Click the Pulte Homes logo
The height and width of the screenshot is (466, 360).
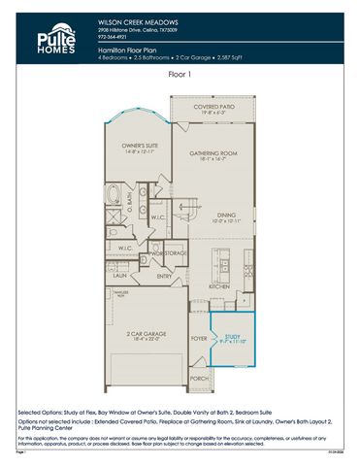point(57,39)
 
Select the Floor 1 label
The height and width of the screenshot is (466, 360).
point(180,74)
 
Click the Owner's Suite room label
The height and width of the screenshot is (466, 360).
point(132,147)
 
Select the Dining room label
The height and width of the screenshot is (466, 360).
point(225,216)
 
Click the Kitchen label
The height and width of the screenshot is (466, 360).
point(218,287)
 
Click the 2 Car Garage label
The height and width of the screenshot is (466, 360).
point(144,334)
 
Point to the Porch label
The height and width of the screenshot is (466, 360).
point(199,378)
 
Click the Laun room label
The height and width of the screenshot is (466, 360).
point(121,275)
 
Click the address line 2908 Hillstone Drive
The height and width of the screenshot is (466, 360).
point(137,30)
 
